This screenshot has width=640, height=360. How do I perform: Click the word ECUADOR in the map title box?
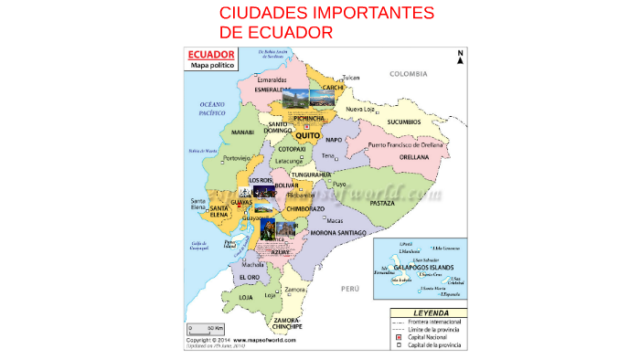click(x=211, y=55)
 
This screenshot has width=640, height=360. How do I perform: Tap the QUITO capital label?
click(x=308, y=134)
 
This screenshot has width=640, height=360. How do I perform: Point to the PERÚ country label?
click(x=351, y=289)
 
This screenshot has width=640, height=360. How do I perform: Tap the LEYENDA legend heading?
click(x=427, y=312)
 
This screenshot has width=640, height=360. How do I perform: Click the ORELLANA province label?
click(x=414, y=157)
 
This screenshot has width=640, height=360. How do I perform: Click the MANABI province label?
click(x=242, y=132)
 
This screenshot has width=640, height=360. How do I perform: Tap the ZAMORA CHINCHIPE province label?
click(x=287, y=323)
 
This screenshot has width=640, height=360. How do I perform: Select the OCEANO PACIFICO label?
click(x=213, y=110)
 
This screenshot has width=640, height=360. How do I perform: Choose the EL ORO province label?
click(x=249, y=277)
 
